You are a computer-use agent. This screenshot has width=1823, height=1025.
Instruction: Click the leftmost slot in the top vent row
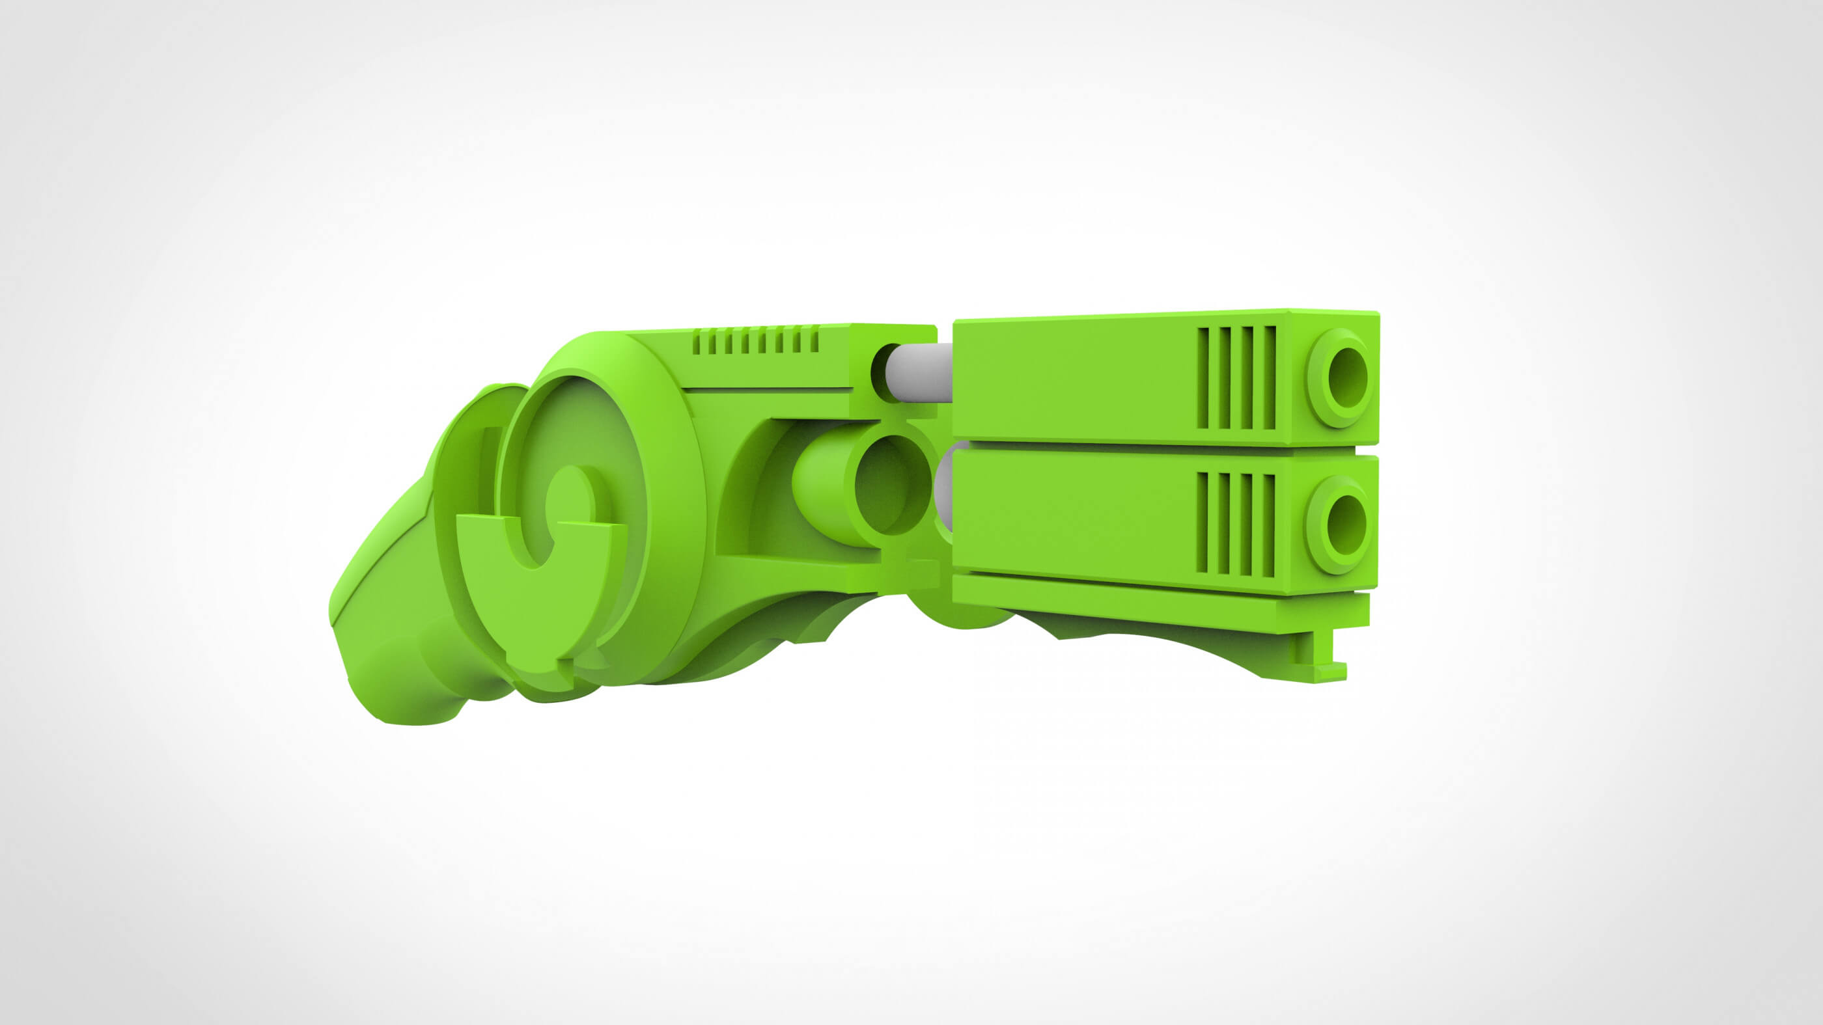(x=697, y=343)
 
